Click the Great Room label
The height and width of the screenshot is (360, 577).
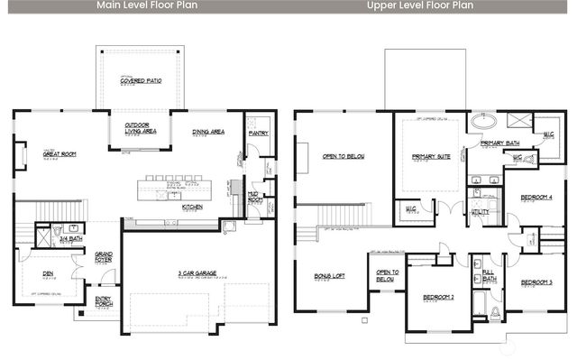click(x=59, y=154)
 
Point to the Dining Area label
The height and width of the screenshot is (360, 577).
click(x=208, y=133)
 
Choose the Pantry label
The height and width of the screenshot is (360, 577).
click(x=258, y=134)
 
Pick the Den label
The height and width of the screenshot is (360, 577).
click(x=48, y=272)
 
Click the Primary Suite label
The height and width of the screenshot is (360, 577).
click(x=430, y=157)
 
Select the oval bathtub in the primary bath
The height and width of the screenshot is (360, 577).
click(x=484, y=120)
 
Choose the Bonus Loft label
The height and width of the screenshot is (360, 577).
click(x=330, y=275)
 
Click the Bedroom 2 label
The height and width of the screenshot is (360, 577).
click(x=438, y=297)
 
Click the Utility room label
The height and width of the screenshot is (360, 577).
click(x=480, y=212)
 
